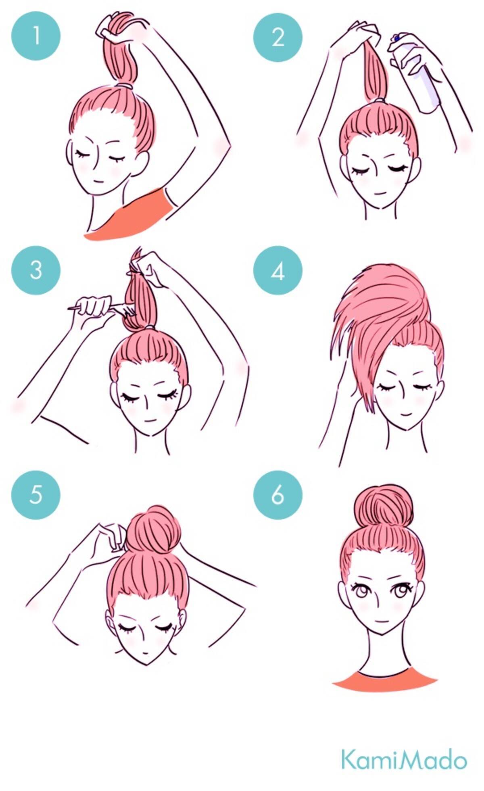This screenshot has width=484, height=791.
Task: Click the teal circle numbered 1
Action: tap(36, 36)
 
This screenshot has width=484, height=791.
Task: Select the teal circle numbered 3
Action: tap(36, 270)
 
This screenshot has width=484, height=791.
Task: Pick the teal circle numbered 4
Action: tap(278, 271)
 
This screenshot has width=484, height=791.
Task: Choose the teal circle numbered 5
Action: tap(36, 494)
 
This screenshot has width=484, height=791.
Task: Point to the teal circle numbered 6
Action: tap(278, 495)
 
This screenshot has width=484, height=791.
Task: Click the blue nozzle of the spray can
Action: tap(396, 38)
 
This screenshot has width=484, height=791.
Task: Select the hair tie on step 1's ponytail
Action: tap(125, 86)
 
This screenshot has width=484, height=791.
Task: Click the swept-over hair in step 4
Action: tap(375, 323)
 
